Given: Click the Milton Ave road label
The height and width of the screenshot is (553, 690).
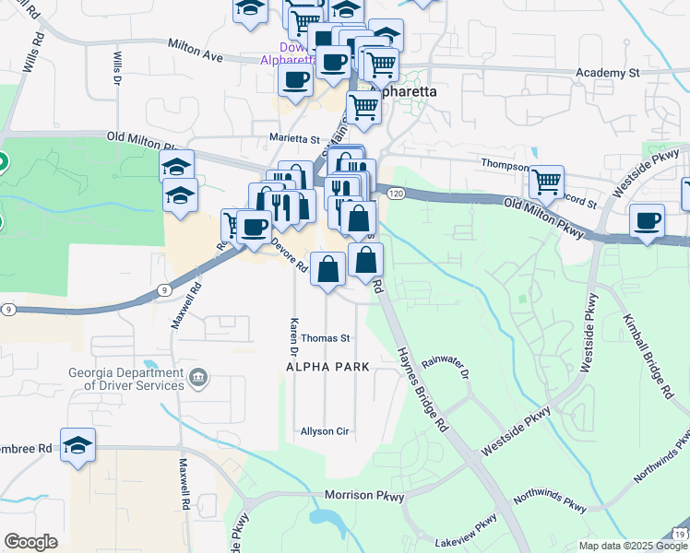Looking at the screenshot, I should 196,50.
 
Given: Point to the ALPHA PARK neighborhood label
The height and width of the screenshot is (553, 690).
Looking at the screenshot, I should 327,367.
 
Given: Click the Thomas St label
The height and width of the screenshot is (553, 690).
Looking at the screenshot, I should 326,338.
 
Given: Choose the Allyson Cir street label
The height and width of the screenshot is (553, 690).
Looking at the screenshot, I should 326,431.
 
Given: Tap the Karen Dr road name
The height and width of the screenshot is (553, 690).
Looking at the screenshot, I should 293,339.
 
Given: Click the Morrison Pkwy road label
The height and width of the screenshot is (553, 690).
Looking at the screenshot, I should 364,496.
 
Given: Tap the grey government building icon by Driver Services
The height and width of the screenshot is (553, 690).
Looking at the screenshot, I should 198,377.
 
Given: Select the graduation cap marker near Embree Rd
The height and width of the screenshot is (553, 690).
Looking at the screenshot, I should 78,442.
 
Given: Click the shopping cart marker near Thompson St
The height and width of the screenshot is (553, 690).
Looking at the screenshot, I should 547,182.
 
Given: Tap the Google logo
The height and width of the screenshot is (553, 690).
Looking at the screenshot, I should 31,542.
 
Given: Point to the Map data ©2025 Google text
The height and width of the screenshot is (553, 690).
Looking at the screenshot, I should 632,546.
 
